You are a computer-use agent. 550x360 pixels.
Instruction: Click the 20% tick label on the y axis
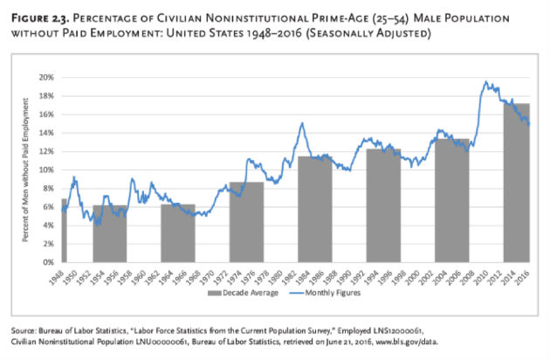pos(45,77)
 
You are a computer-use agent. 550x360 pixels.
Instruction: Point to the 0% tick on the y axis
pos(47,261)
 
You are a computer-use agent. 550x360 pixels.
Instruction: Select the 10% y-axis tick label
pos(45,170)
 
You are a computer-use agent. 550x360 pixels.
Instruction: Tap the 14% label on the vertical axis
pos(45,133)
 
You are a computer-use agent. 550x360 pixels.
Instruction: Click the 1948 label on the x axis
pos(64,274)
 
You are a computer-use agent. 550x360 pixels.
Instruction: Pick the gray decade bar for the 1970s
pos(246,223)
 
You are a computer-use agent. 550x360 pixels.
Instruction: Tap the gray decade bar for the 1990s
pos(384,206)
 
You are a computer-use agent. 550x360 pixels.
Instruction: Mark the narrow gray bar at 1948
pos(64,232)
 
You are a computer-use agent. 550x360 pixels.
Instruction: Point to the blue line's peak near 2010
pos(486,82)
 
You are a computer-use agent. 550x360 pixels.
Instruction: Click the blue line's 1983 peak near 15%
pos(302,123)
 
